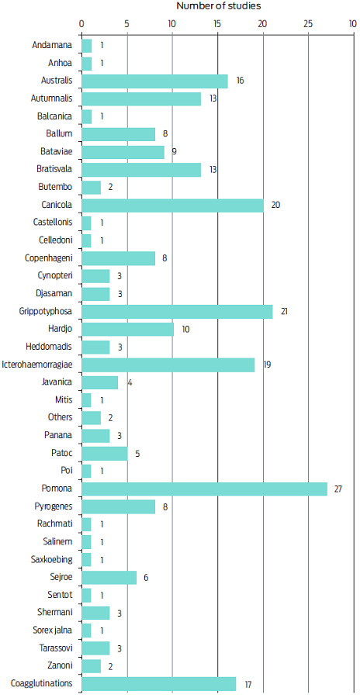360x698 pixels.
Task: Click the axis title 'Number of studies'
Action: tap(218, 6)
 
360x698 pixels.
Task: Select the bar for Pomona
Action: tap(204, 489)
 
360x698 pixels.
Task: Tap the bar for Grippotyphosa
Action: tap(177, 312)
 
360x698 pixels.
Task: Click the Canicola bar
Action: tap(172, 205)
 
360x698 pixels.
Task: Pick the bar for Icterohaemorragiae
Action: tap(168, 365)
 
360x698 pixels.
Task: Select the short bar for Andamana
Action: tap(86, 46)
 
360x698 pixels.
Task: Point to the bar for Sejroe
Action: tap(109, 578)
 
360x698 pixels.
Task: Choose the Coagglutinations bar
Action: tap(158, 684)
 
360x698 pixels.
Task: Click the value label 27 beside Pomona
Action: tap(337, 489)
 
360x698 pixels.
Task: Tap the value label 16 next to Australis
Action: tap(241, 81)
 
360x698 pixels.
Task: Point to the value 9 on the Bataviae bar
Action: tap(175, 151)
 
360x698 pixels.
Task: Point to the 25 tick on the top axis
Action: tap(308, 23)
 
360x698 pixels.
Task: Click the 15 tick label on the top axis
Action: tap(217, 23)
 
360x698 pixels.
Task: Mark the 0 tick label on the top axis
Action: tap(81, 23)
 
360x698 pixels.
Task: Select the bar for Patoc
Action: tap(104, 454)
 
